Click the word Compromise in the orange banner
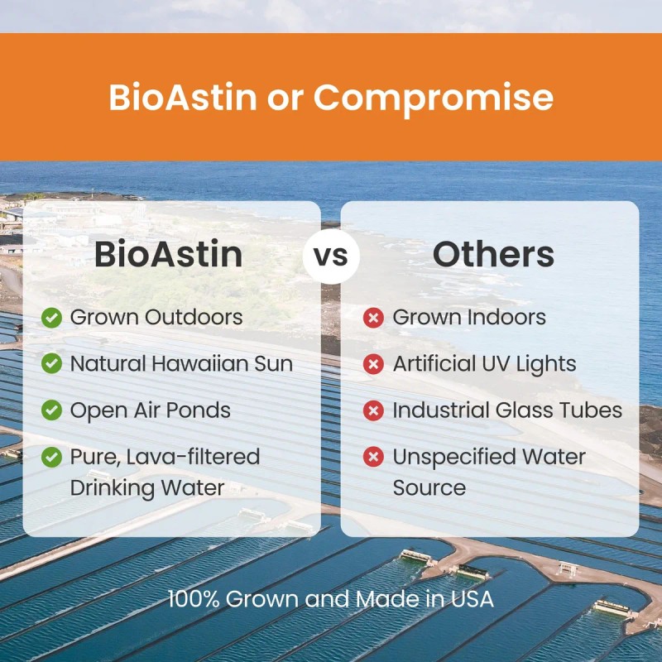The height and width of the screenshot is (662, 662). tap(433, 98)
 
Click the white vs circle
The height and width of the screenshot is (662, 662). tap(330, 256)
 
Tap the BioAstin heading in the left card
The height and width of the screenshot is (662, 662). tap(168, 255)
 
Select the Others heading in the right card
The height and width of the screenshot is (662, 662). tap(493, 255)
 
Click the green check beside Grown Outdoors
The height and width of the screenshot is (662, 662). tap(52, 317)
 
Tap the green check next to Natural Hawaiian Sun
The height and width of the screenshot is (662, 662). tap(52, 363)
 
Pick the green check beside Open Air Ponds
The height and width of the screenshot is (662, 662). tap(52, 410)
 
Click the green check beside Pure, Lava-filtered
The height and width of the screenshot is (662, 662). tap(52, 457)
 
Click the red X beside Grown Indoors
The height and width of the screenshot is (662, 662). tap(374, 317)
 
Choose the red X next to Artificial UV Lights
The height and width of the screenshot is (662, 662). tap(374, 363)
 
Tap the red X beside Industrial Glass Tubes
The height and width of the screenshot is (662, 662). tap(374, 410)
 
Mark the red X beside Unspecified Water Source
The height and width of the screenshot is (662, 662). tap(374, 457)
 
